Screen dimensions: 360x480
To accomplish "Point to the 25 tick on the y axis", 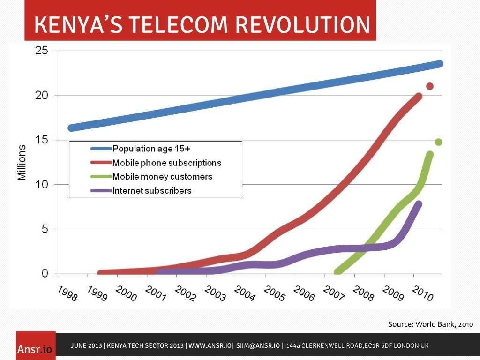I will click(42, 50).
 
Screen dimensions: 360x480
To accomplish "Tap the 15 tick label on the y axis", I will click(42, 140).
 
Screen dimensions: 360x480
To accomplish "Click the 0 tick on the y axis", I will click(45, 273).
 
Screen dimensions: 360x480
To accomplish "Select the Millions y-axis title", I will click(22, 162).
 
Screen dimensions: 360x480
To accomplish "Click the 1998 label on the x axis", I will click(67, 293).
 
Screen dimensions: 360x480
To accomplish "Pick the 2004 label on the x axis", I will click(244, 293).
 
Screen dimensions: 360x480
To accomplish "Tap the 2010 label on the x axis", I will click(422, 293).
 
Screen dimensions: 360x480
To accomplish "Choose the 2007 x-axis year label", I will click(333, 293).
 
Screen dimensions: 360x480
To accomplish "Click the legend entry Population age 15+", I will click(151, 149).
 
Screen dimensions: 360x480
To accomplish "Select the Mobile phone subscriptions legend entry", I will click(166, 163).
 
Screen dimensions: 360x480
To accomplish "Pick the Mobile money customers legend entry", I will click(162, 177).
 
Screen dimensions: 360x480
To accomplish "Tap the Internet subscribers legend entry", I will click(152, 191).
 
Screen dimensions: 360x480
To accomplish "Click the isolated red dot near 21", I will click(429, 86).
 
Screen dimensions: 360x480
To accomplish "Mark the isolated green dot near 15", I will click(438, 142).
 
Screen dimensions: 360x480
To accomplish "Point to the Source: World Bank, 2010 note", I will click(430, 324).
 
